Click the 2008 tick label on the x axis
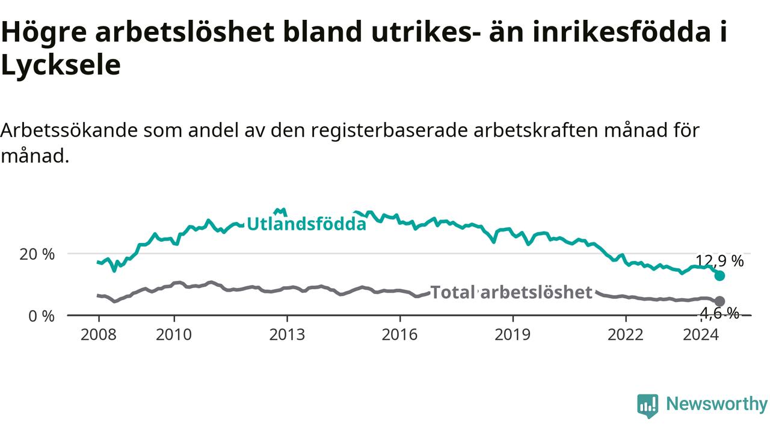coord(99,335)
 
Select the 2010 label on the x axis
coord(174,335)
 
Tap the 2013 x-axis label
coord(287,335)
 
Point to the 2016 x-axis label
coord(400,335)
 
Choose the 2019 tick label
coord(513,335)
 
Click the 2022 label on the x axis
coord(626,335)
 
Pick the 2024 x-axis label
coord(701,335)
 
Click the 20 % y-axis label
coord(37,254)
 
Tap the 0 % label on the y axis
coord(42,316)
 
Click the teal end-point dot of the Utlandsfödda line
coord(719,275)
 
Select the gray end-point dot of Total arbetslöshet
coord(719,301)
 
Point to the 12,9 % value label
coord(719,262)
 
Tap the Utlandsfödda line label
coord(307,224)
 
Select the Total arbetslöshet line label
coord(511,292)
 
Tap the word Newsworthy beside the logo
coord(716,404)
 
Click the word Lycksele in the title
coord(61,66)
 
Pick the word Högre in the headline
coord(44,32)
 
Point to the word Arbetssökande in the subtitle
coord(69,131)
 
